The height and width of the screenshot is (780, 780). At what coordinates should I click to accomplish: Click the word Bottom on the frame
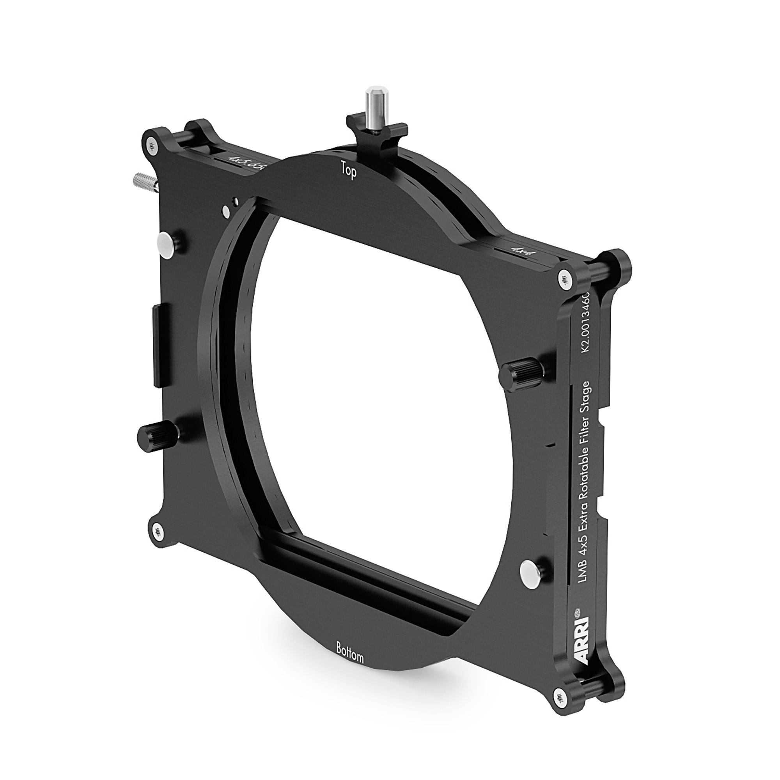[x=349, y=657]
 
